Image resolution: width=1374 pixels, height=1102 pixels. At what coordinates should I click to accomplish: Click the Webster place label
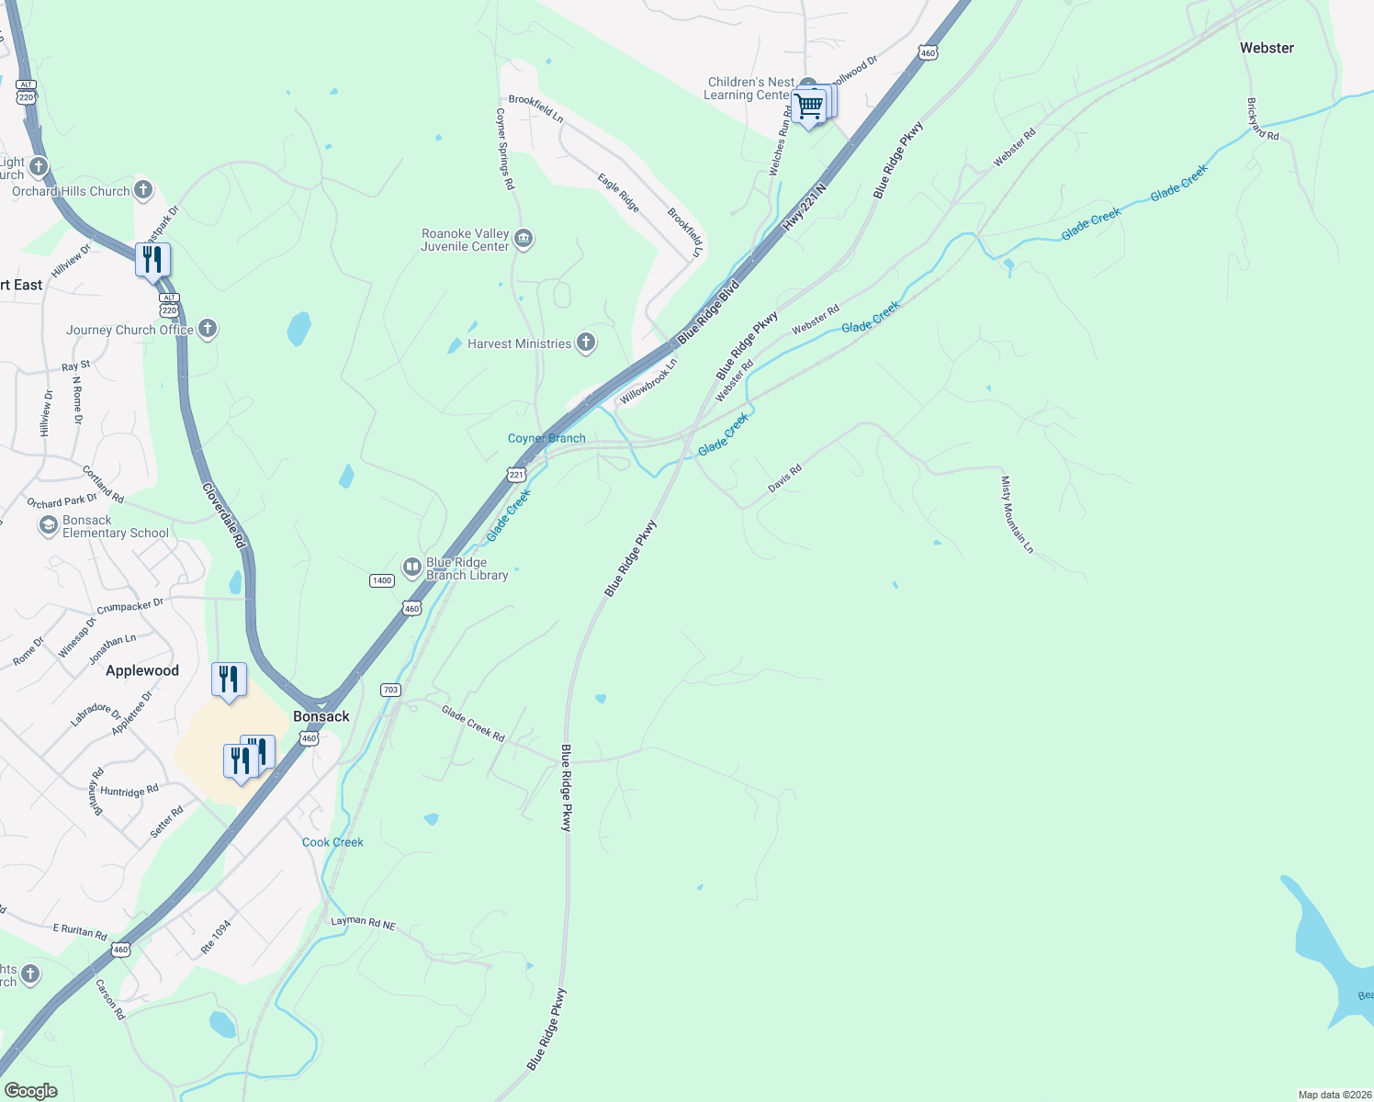(x=1267, y=48)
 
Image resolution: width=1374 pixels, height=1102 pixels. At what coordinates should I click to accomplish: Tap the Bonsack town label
(x=321, y=716)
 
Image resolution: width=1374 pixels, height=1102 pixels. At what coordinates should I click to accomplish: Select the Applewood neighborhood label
(x=142, y=670)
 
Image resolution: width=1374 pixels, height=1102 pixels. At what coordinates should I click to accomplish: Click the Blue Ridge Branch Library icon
(x=412, y=568)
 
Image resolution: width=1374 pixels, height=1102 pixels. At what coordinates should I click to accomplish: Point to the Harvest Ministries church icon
(x=585, y=343)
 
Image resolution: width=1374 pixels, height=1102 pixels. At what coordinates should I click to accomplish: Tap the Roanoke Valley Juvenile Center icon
(x=523, y=240)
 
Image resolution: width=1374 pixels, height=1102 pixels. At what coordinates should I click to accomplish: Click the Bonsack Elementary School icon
(x=49, y=526)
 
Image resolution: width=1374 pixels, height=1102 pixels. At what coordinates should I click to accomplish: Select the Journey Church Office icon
(x=208, y=329)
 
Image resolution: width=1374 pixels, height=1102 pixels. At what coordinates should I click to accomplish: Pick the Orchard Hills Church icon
(x=143, y=190)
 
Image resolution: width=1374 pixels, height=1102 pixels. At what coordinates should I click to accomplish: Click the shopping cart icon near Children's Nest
(x=809, y=107)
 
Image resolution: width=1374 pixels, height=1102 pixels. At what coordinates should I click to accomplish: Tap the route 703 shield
(x=390, y=690)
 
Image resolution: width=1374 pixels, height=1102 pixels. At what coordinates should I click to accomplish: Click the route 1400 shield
(x=382, y=580)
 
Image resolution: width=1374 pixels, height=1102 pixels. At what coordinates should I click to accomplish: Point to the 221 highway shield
(x=516, y=475)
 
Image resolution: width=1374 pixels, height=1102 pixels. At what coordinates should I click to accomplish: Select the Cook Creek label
(x=332, y=842)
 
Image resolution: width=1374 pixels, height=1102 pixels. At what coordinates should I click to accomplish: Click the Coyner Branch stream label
(x=546, y=438)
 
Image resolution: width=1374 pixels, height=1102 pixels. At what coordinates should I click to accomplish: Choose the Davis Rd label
(x=784, y=478)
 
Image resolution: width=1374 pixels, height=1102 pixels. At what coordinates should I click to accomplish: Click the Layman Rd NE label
(x=363, y=923)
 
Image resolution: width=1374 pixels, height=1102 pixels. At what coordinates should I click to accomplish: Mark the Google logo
(x=30, y=1091)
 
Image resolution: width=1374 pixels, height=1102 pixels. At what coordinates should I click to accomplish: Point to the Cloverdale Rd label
(x=224, y=516)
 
